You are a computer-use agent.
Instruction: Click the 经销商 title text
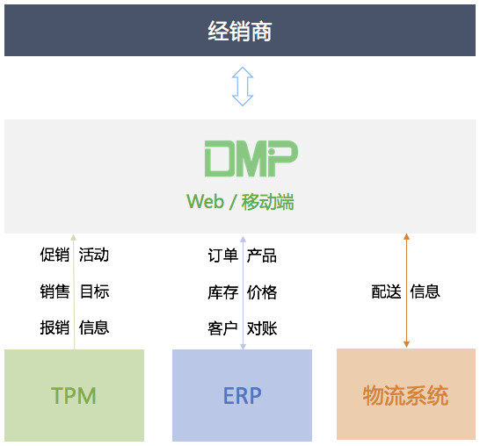click(x=240, y=31)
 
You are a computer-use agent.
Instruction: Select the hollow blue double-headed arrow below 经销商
click(x=243, y=87)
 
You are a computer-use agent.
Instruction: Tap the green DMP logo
click(x=251, y=158)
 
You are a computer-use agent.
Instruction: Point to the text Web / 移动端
click(x=240, y=202)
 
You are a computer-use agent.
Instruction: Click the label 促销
click(x=55, y=255)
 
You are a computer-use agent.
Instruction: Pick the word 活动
click(x=94, y=255)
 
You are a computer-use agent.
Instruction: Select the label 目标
click(x=94, y=291)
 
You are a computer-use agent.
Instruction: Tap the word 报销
click(x=55, y=327)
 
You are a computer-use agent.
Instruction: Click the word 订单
click(x=223, y=255)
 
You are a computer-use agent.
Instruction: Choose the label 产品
click(x=262, y=255)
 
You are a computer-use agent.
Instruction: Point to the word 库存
click(x=223, y=292)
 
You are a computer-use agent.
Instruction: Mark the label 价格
click(x=262, y=292)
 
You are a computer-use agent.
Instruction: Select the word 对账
click(x=262, y=328)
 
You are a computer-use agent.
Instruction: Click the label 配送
click(x=386, y=291)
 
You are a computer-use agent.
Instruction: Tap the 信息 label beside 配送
click(x=425, y=291)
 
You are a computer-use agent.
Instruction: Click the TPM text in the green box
click(x=74, y=396)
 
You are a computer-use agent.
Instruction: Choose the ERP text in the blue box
click(x=243, y=396)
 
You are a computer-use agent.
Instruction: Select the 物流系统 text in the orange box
click(x=406, y=396)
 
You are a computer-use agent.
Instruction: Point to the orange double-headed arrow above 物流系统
click(x=406, y=291)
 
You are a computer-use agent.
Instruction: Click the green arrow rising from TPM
click(x=74, y=292)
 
